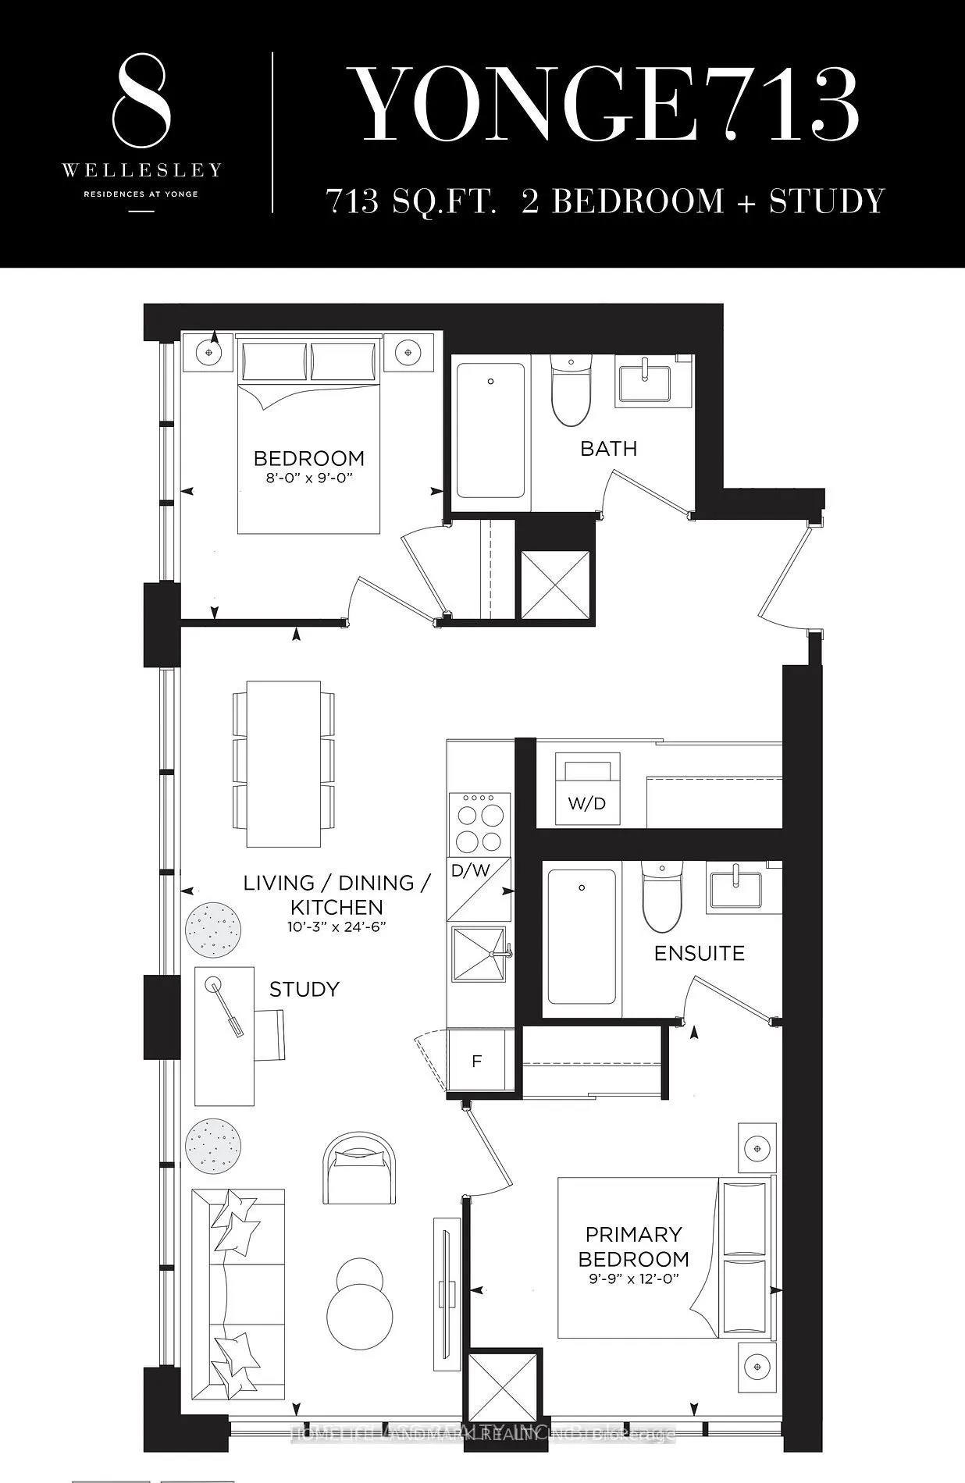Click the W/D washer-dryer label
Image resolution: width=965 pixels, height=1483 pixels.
click(x=587, y=803)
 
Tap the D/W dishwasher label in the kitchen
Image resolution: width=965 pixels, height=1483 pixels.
click(x=470, y=870)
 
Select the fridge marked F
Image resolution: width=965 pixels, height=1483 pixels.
click(x=476, y=1061)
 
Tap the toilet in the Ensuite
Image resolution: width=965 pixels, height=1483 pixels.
click(x=662, y=896)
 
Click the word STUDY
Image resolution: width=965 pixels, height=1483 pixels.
click(x=304, y=989)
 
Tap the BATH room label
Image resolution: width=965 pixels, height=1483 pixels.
click(x=608, y=449)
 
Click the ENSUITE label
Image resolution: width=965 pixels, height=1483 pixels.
click(x=699, y=953)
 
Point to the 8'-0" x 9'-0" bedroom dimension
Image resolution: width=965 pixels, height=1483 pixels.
click(x=309, y=478)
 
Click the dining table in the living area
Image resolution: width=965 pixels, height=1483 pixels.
click(x=283, y=763)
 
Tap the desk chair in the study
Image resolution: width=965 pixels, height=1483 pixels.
click(x=269, y=1034)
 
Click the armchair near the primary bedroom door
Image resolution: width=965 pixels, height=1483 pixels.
click(x=358, y=1168)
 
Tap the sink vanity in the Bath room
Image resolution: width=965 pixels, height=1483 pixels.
click(x=646, y=380)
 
